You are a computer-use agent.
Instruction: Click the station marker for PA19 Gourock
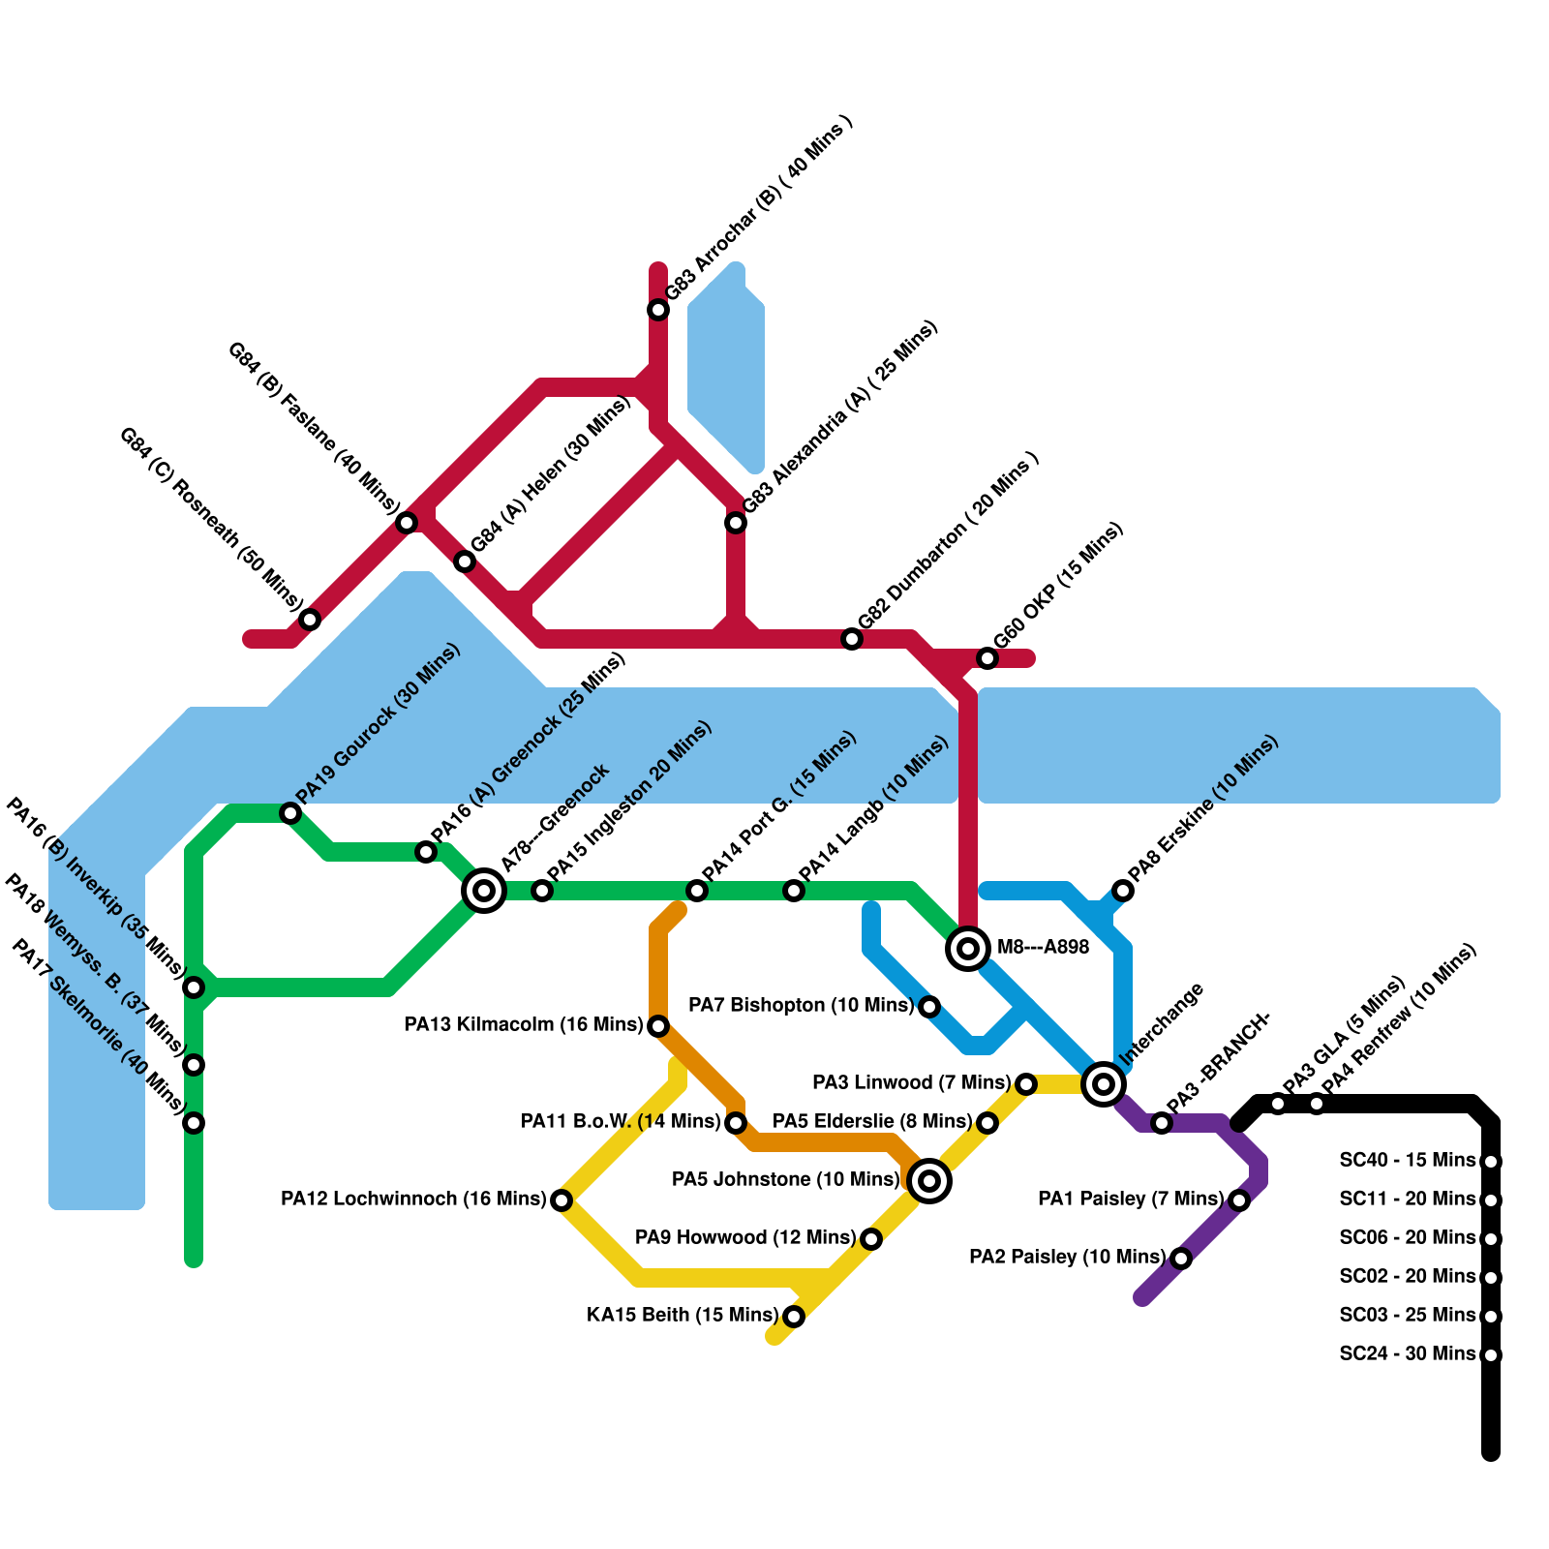[x=290, y=813]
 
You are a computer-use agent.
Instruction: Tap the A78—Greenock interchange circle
[x=484, y=891]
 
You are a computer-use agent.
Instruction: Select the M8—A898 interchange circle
[x=968, y=949]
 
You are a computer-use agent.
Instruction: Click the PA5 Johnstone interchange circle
[x=929, y=1181]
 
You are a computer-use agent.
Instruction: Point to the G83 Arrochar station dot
[x=658, y=310]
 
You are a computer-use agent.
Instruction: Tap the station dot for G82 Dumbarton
[x=852, y=639]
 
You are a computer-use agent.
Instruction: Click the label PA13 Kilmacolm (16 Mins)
[x=523, y=1024]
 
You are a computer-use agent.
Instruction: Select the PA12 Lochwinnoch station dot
[x=562, y=1200]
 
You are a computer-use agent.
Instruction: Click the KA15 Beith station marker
[x=794, y=1317]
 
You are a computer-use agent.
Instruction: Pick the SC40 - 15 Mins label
[x=1407, y=1160]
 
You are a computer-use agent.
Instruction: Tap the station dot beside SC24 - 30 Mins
[x=1491, y=1355]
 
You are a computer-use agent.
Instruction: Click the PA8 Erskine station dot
[x=1123, y=891]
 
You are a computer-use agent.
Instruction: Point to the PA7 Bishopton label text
[x=800, y=1005]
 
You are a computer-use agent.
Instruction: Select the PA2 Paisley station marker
[x=1181, y=1259]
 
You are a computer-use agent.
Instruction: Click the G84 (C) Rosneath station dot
[x=310, y=620]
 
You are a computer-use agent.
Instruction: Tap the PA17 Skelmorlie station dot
[x=194, y=1123]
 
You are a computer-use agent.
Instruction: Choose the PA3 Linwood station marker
[x=1026, y=1084]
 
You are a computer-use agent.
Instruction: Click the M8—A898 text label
[x=1043, y=947]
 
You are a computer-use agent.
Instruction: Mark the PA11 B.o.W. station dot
[x=736, y=1123]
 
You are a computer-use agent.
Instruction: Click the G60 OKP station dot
[x=987, y=658]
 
